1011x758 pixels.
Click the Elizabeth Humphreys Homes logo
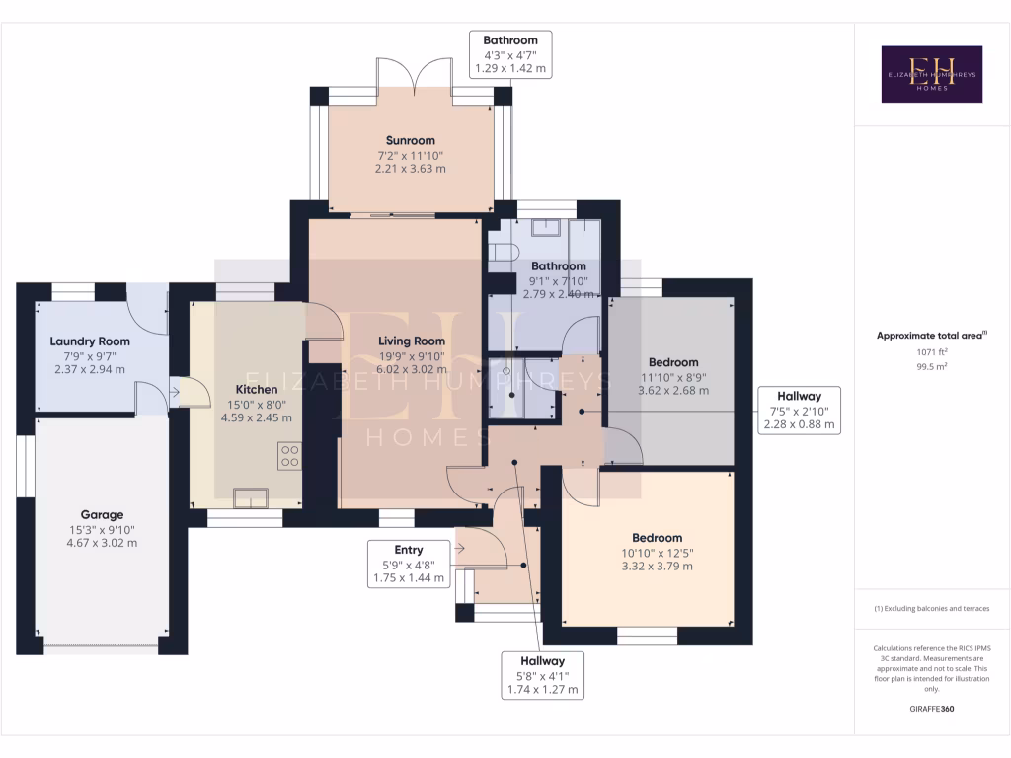[x=931, y=74]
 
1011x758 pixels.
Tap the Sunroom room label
[x=410, y=141]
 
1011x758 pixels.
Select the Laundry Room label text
[x=90, y=341]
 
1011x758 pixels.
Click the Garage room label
[x=102, y=514]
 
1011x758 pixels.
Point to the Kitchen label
[x=256, y=389]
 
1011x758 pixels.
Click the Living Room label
[x=412, y=341]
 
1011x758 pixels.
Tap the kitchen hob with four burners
[x=290, y=456]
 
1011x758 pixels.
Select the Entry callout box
[x=408, y=564]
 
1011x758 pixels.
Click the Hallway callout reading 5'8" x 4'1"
[x=542, y=675]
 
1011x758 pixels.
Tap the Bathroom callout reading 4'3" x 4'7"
[x=509, y=54]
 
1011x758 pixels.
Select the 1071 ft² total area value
[x=931, y=351]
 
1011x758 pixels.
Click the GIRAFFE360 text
[x=932, y=709]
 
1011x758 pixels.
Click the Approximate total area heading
[x=931, y=336]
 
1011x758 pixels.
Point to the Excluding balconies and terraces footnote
[x=931, y=609]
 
